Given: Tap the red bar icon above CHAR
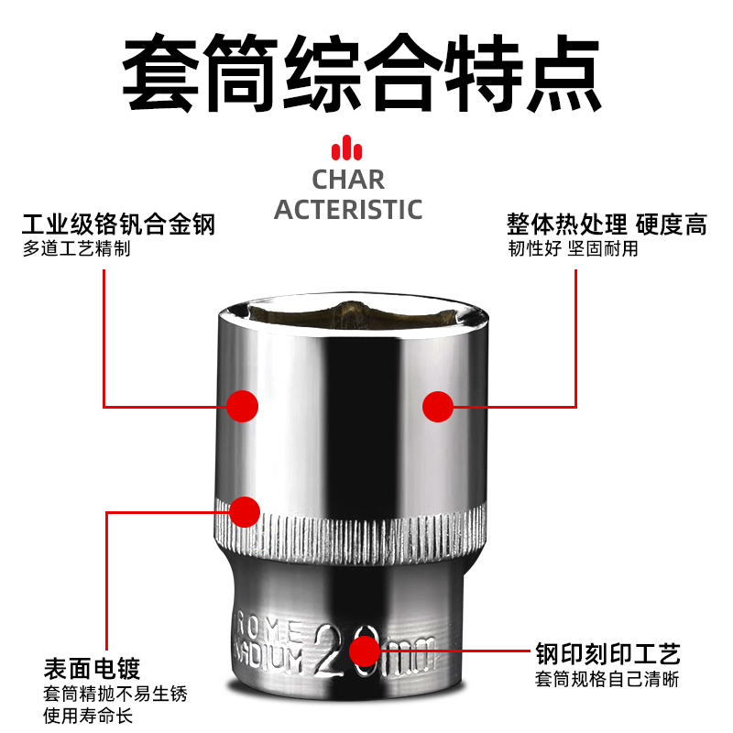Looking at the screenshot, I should [348, 148].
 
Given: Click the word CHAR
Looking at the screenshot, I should [348, 180].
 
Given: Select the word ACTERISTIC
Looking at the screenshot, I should [348, 209].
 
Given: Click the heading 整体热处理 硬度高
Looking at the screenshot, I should [607, 224].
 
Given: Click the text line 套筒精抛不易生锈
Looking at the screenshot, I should [109, 694].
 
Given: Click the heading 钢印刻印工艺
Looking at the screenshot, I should [608, 654].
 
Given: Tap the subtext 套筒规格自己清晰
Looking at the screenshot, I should [608, 680].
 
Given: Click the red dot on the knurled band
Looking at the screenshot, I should [245, 511].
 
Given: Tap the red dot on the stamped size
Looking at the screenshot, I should [365, 651].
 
